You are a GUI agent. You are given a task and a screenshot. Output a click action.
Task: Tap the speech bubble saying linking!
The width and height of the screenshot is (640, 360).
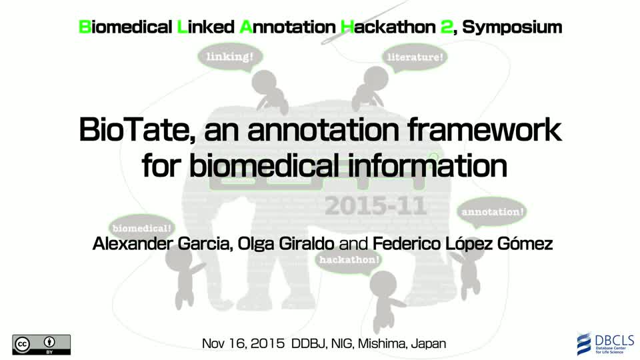tap(230, 57)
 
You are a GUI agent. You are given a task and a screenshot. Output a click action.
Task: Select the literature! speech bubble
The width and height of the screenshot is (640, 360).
tap(415, 57)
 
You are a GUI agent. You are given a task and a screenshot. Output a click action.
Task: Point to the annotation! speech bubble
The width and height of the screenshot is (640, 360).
tap(492, 212)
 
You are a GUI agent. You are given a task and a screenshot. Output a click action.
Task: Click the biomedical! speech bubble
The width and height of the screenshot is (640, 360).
tap(141, 228)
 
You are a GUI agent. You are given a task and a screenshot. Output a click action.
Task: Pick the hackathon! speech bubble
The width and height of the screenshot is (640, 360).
tap(349, 260)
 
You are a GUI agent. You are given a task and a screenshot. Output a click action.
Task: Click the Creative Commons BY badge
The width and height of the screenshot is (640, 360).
tap(41, 345)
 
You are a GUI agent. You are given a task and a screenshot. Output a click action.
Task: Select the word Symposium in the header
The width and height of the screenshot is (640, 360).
tap(512, 27)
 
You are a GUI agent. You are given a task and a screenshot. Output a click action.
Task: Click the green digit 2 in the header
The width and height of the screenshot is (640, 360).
tap(446, 27)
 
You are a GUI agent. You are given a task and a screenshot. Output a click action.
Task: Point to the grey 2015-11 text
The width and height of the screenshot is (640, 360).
tap(376, 206)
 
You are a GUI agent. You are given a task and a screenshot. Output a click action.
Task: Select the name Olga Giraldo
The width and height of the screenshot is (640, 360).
tap(286, 244)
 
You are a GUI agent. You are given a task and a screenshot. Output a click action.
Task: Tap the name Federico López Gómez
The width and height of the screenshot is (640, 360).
tap(463, 244)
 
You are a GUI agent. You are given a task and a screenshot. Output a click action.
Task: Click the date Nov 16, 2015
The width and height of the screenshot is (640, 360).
tap(243, 344)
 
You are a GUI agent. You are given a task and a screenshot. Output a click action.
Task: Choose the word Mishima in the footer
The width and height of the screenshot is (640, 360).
tap(381, 344)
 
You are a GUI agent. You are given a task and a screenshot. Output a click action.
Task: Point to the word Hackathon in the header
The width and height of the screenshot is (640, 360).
tap(388, 27)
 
